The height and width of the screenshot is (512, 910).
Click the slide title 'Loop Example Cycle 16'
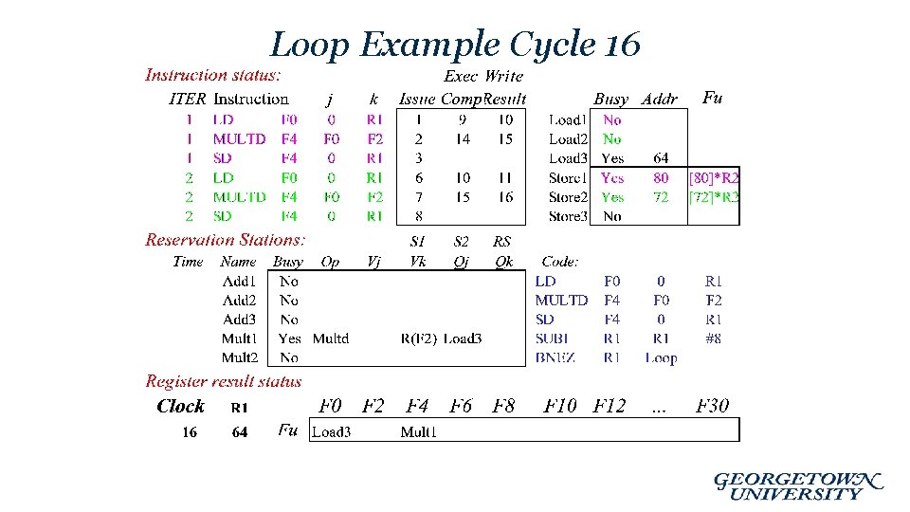(455, 44)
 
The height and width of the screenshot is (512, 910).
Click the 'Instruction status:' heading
(212, 75)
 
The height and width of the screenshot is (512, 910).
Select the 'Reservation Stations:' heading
(226, 240)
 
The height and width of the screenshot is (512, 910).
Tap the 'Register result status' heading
(224, 381)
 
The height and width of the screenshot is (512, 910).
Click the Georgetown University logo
(798, 485)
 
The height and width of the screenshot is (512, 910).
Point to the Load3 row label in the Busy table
(568, 158)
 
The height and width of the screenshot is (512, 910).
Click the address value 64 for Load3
(661, 158)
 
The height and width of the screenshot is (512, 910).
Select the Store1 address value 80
(661, 177)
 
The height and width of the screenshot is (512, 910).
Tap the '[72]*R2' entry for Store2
(714, 197)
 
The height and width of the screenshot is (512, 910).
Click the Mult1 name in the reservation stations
(239, 338)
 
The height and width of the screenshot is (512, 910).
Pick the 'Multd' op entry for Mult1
(330, 338)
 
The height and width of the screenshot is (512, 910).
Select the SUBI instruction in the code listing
(552, 338)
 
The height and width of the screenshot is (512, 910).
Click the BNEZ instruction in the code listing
(555, 357)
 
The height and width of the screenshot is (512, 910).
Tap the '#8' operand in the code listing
(713, 338)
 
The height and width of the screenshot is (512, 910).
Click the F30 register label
(712, 406)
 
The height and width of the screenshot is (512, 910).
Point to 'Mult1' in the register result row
(419, 432)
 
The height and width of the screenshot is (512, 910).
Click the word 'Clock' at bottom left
(180, 406)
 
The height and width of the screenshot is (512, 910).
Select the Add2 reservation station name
(239, 301)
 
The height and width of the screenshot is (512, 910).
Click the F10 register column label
(559, 406)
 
